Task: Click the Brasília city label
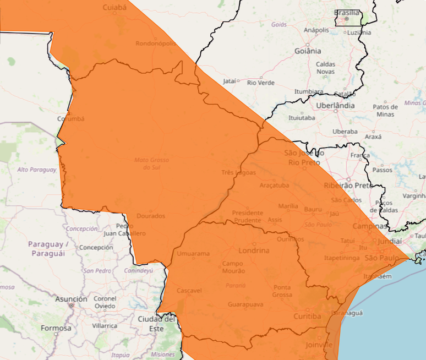[347, 13]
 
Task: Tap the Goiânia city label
[308, 51]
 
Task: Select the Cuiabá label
[114, 7]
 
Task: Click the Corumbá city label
[71, 118]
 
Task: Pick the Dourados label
[151, 216]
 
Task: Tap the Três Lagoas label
[238, 172]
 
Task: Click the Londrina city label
[254, 250]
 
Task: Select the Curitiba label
[307, 316]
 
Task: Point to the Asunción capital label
[71, 299]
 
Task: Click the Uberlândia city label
[336, 105]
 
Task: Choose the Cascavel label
[189, 290]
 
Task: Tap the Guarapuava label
[245, 304]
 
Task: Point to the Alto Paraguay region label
[37, 170]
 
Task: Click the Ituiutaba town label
[302, 118]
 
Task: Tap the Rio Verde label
[261, 83]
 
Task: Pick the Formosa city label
[56, 328]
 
